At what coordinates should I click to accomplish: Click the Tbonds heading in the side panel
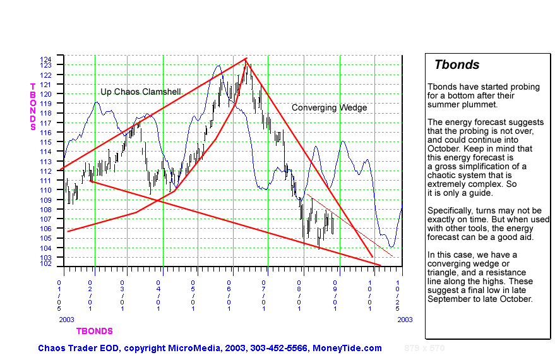point(457,65)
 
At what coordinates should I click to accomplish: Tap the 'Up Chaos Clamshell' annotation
point(140,92)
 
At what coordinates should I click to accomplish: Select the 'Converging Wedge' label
point(329,107)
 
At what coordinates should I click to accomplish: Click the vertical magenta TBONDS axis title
point(33,106)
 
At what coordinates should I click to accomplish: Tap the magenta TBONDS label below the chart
point(95,331)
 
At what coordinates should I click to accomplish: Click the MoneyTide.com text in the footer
point(352,348)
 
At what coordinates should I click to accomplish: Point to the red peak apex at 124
point(246,59)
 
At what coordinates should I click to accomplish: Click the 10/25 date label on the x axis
point(398,296)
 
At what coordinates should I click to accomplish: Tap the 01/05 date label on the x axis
point(59,296)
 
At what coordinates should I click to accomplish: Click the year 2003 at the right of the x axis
point(405,320)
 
